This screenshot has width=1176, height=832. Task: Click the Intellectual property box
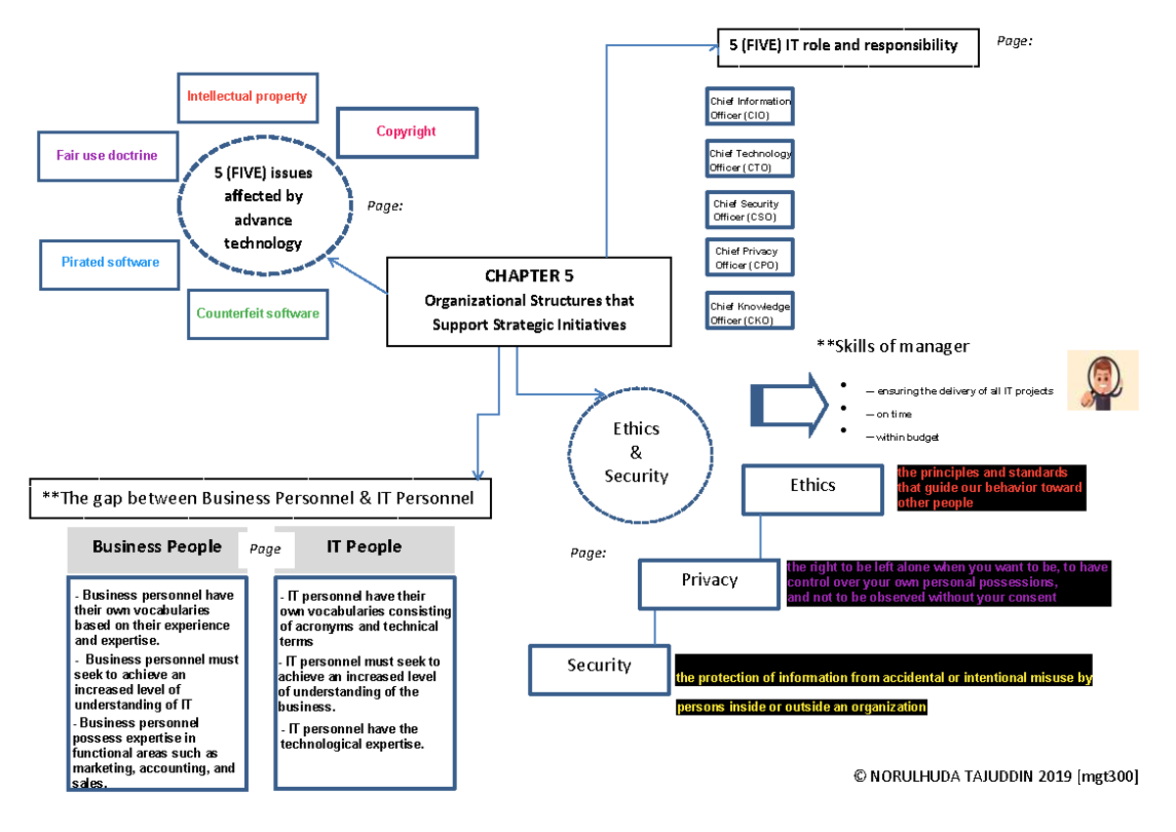[247, 97]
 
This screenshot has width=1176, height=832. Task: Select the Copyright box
[407, 131]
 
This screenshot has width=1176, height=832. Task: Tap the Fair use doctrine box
[107, 156]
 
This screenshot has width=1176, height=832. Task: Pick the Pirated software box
[110, 263]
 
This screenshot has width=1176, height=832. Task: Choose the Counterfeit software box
[257, 314]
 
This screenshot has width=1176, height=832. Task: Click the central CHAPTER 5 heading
[529, 275]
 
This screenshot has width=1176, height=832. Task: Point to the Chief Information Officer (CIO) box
[750, 108]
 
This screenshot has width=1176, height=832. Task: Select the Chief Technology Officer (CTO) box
[750, 161]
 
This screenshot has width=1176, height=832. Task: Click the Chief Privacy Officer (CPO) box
[750, 258]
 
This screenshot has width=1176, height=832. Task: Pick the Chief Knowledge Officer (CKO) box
[750, 314]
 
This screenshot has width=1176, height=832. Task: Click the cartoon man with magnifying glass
[1102, 380]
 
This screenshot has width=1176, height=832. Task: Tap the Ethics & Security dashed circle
[636, 453]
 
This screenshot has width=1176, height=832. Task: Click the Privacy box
[710, 581]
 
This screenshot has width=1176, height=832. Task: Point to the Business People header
[157, 548]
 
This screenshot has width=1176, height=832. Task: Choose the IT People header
[365, 548]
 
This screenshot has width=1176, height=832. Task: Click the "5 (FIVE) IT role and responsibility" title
[848, 45]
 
